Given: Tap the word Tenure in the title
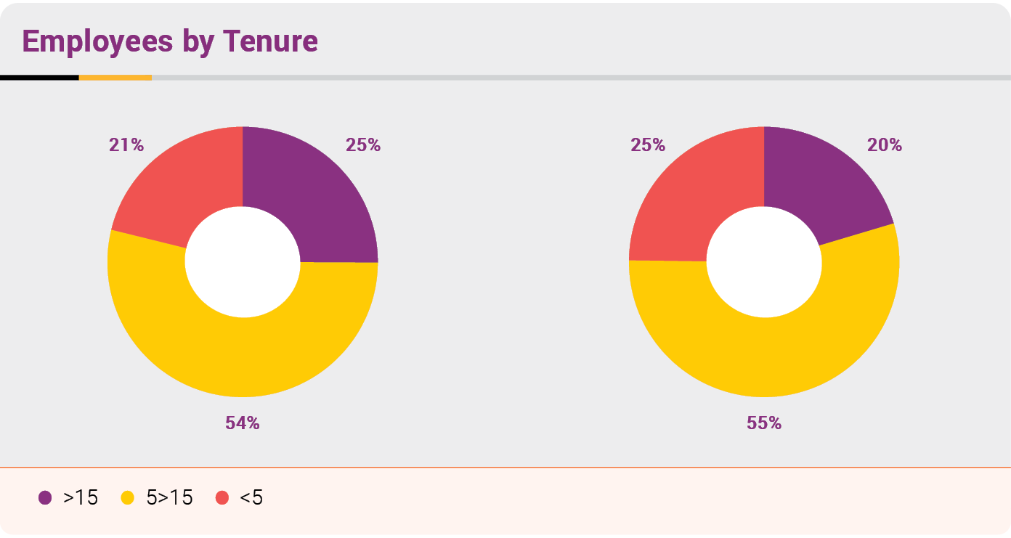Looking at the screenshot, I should tap(270, 41).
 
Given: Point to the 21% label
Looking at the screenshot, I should tap(126, 145).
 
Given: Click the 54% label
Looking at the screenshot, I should tap(243, 423).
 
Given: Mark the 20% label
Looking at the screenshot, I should tap(885, 145).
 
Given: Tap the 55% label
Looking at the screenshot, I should tap(764, 423).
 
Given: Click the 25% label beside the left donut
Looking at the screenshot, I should tap(363, 145).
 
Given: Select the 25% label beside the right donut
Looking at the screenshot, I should tap(648, 145).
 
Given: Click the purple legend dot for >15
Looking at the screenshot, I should tap(45, 498).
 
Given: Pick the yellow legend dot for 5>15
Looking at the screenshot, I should tap(128, 498).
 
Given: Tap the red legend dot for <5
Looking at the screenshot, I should tap(222, 498).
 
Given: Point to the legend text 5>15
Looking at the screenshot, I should tap(170, 498).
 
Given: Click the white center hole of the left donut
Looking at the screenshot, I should tap(243, 261).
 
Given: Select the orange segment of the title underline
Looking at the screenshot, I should tap(115, 77).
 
